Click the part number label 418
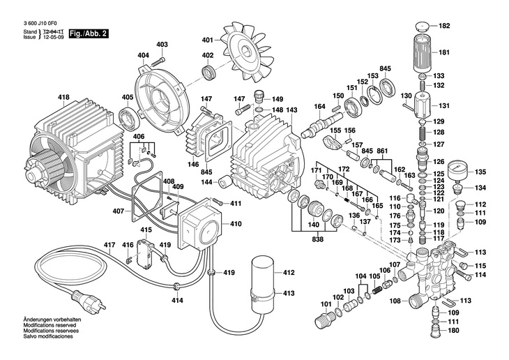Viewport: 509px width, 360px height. click(64, 96)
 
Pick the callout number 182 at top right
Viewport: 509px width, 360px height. click(444, 26)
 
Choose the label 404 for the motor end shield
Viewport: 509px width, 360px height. click(143, 55)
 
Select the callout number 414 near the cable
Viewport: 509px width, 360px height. click(178, 300)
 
